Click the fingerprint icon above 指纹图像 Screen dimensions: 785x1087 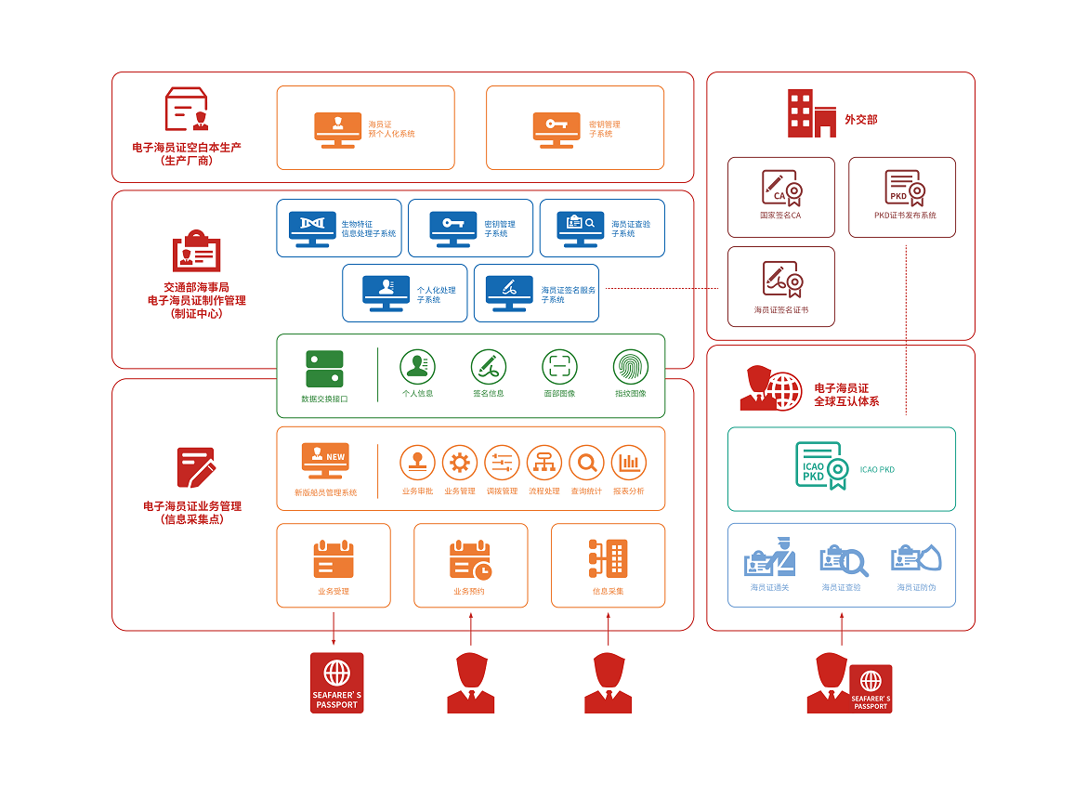[x=631, y=367]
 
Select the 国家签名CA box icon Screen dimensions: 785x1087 [x=781, y=189]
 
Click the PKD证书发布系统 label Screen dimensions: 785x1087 [x=905, y=216]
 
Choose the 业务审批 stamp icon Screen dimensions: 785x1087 [x=417, y=463]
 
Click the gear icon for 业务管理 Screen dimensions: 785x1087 [x=460, y=463]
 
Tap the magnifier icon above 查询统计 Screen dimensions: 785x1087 [x=587, y=463]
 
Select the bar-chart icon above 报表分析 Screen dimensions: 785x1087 [x=629, y=463]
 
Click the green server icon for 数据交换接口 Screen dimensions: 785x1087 [x=324, y=369]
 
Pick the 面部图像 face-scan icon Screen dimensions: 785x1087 [x=559, y=367]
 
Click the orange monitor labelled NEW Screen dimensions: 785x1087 [x=325, y=460]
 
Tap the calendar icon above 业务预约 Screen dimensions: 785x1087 [x=470, y=560]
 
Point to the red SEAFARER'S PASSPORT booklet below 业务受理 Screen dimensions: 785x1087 [x=336, y=683]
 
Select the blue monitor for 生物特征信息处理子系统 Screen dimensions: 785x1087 [x=312, y=229]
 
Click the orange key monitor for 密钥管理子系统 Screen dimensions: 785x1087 [x=557, y=129]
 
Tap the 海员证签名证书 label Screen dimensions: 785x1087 [x=780, y=309]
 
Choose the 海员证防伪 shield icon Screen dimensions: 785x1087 [x=916, y=558]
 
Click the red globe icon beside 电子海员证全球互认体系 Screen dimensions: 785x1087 [x=782, y=390]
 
